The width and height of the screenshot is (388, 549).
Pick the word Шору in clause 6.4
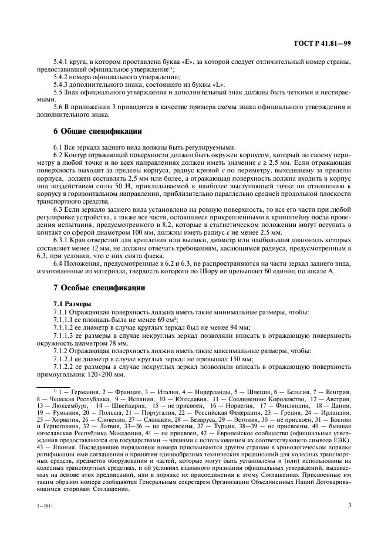(222, 270)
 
